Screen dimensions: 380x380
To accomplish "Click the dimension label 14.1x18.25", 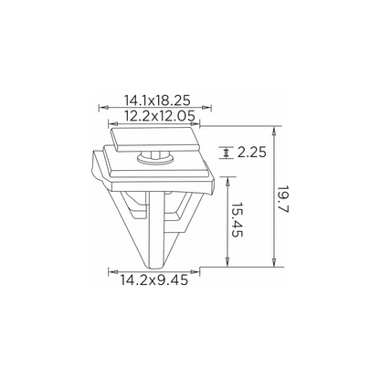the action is point(157,100).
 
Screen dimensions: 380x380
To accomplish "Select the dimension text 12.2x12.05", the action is point(160,116).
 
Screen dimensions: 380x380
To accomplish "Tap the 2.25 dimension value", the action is point(252,153).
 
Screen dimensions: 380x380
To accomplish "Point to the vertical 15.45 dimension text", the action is point(236,219).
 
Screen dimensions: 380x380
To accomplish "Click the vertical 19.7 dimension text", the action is point(282,199).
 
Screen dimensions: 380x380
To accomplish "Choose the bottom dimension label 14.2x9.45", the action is point(154,280).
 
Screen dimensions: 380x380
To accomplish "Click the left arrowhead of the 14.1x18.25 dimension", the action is point(103,107).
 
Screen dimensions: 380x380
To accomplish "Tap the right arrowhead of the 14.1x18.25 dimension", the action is point(207,107).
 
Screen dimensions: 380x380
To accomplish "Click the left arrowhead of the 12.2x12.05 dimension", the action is point(113,123).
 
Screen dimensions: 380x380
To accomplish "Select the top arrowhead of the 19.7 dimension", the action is point(274,131).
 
